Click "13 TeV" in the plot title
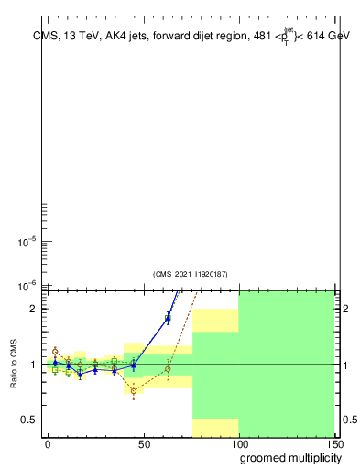pos(77,37)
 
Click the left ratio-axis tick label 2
pos(32,309)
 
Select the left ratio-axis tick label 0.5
pos(27,420)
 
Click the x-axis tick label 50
pos(143,443)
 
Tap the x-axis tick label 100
pos(238,443)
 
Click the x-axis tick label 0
pos(48,443)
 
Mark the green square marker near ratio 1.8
pos(168,318)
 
